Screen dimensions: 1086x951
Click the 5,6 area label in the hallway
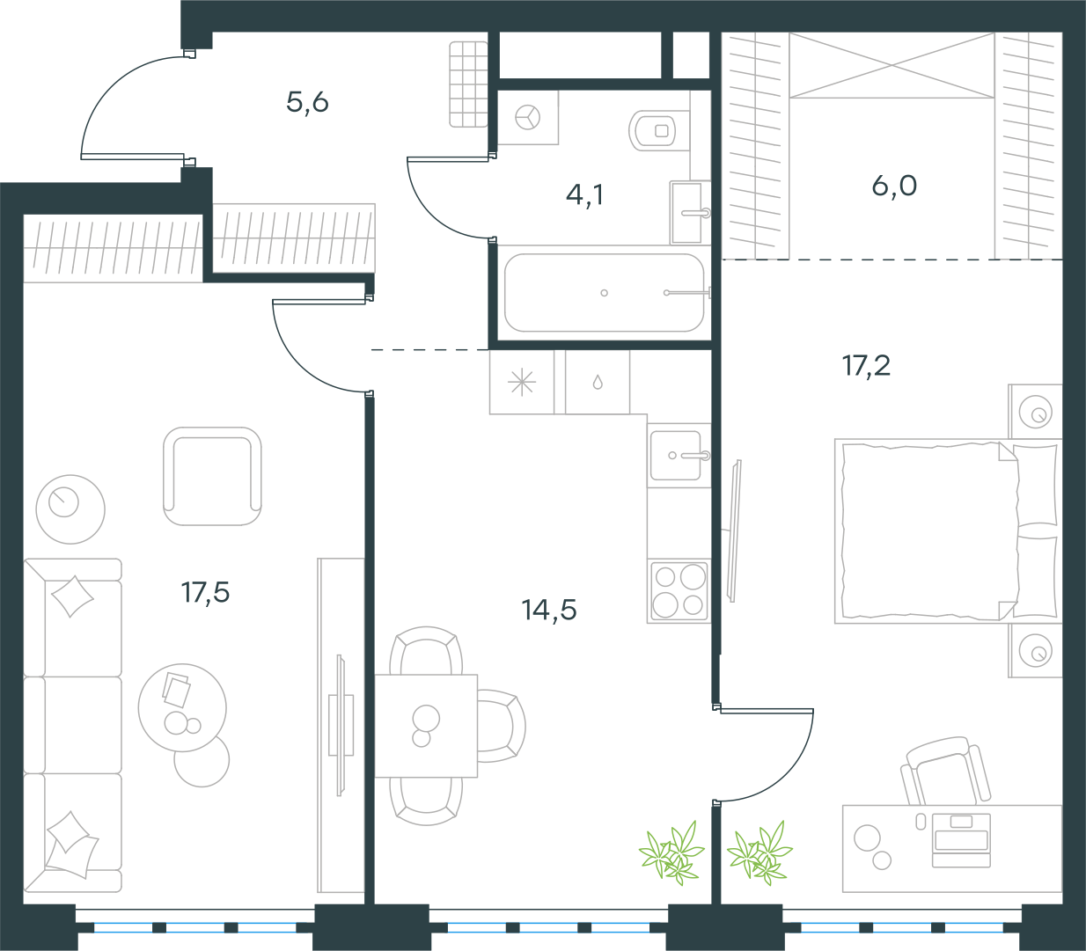(x=307, y=102)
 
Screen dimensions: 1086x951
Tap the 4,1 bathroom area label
(x=585, y=194)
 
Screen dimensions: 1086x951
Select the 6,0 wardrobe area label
(x=894, y=186)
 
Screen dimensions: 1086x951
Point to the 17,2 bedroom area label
(x=866, y=366)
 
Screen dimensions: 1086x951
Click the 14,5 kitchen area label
(x=549, y=610)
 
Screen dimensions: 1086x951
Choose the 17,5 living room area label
(x=205, y=593)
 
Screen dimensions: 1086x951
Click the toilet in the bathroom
(x=658, y=130)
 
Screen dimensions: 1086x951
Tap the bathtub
(x=604, y=293)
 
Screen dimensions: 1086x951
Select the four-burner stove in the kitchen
(x=679, y=591)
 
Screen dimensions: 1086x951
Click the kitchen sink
(x=677, y=456)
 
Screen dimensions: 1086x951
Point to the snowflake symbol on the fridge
(x=522, y=383)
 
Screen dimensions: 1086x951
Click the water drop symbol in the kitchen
(x=598, y=382)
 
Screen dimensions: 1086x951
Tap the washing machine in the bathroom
(x=528, y=117)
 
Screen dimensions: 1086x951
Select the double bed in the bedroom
(x=948, y=531)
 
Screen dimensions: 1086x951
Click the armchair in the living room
(x=212, y=476)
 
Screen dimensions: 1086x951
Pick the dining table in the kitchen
(x=426, y=726)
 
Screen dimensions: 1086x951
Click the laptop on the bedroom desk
(x=961, y=840)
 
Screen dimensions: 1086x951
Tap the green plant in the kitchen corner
(x=671, y=852)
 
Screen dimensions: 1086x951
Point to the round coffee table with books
(x=182, y=708)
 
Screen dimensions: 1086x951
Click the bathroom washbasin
(x=687, y=213)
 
